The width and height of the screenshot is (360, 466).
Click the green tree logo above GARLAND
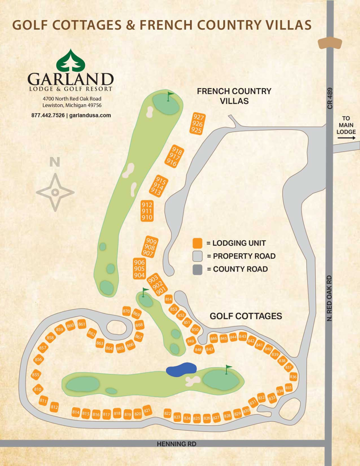(71, 61)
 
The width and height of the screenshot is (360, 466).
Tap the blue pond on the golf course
(181, 369)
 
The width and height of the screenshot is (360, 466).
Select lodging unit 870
(126, 311)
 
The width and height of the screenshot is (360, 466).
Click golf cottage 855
(36, 375)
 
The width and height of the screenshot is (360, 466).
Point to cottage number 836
(293, 377)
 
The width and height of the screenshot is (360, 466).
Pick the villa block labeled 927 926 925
(198, 124)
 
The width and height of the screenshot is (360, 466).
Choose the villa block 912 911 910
(147, 211)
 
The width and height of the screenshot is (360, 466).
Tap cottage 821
(147, 410)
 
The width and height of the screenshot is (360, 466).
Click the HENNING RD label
(176, 444)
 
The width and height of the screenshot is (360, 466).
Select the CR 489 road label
(330, 98)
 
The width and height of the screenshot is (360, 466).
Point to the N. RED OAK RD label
(330, 298)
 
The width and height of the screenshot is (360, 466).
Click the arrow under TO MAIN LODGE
(346, 138)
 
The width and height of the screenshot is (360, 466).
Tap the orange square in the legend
(197, 243)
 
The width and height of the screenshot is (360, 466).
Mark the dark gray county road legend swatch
(197, 269)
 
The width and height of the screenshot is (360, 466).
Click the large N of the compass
(55, 162)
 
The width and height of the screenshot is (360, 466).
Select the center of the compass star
(55, 192)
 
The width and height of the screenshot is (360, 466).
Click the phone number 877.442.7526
(48, 115)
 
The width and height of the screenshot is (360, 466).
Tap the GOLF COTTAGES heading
(246, 316)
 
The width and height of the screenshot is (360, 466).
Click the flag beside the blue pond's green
(228, 369)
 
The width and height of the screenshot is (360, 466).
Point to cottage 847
(209, 349)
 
